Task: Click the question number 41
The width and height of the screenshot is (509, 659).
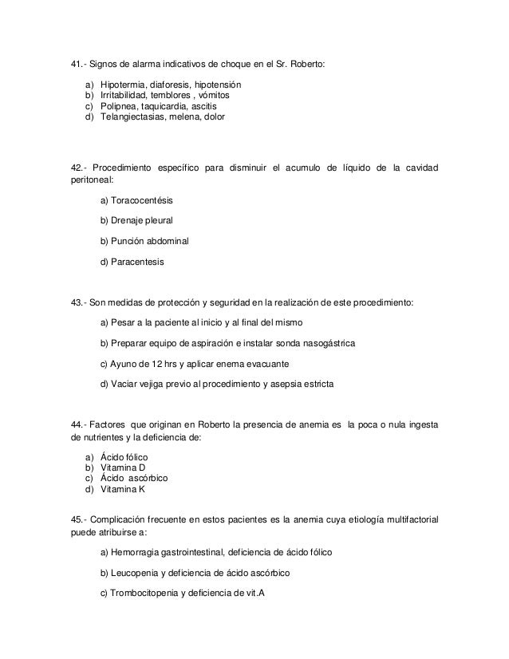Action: tap(77, 63)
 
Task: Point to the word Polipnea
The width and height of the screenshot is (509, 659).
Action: tap(114, 105)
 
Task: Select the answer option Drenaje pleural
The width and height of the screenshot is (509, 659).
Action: tap(136, 219)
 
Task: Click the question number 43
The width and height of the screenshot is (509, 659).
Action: tap(77, 302)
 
